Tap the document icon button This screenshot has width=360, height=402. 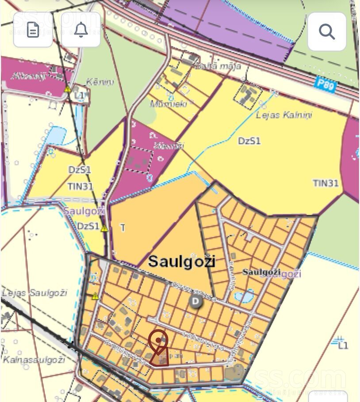[x=33, y=30]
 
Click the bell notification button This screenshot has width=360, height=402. [x=80, y=30]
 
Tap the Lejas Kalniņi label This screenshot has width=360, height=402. [x=284, y=115]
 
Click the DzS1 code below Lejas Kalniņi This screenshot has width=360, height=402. [x=249, y=141]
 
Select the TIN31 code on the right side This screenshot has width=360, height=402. [x=326, y=183]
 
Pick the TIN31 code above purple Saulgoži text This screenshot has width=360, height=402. [x=80, y=186]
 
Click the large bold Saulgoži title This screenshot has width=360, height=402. [x=181, y=261]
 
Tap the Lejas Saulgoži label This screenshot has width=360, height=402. [x=34, y=293]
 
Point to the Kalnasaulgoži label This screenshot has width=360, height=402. [x=34, y=360]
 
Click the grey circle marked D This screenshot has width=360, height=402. [x=195, y=302]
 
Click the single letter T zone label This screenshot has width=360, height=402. [x=123, y=228]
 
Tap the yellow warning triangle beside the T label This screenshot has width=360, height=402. [x=104, y=228]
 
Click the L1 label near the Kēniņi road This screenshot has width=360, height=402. [x=80, y=95]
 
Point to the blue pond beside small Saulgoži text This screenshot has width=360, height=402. [x=244, y=296]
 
